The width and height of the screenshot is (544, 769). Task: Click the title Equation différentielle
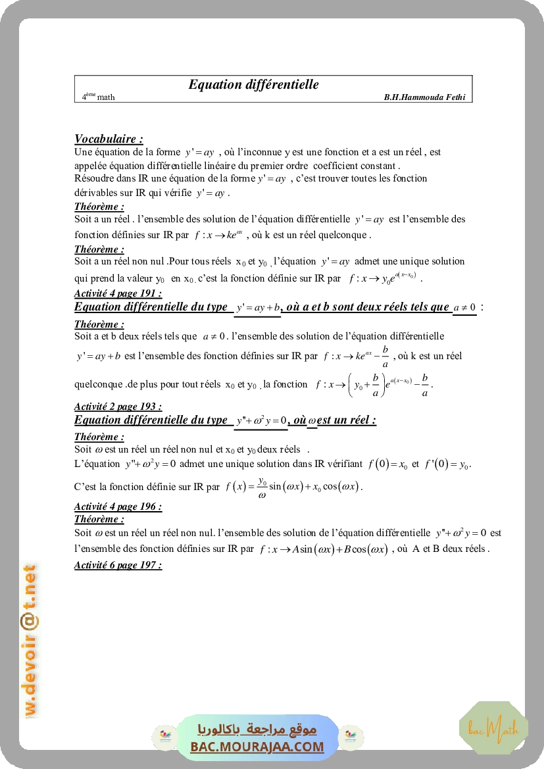(253, 84)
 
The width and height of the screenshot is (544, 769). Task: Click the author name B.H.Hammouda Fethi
(424, 97)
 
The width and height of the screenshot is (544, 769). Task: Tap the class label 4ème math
(98, 97)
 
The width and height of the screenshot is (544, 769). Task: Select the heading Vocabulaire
(109, 139)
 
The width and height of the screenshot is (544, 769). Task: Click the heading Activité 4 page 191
(118, 293)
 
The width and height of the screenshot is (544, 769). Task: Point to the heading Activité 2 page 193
(118, 407)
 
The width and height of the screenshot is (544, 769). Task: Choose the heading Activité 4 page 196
(118, 507)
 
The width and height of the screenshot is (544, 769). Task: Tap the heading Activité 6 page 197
(118, 565)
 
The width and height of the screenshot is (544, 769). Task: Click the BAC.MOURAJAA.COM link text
(257, 747)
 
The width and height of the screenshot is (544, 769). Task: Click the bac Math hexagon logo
(493, 728)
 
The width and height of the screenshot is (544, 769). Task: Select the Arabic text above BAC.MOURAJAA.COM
(257, 730)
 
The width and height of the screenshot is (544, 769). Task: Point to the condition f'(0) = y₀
(449, 464)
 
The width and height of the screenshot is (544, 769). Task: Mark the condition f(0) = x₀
(387, 464)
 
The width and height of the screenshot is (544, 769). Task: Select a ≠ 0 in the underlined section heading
(464, 308)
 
